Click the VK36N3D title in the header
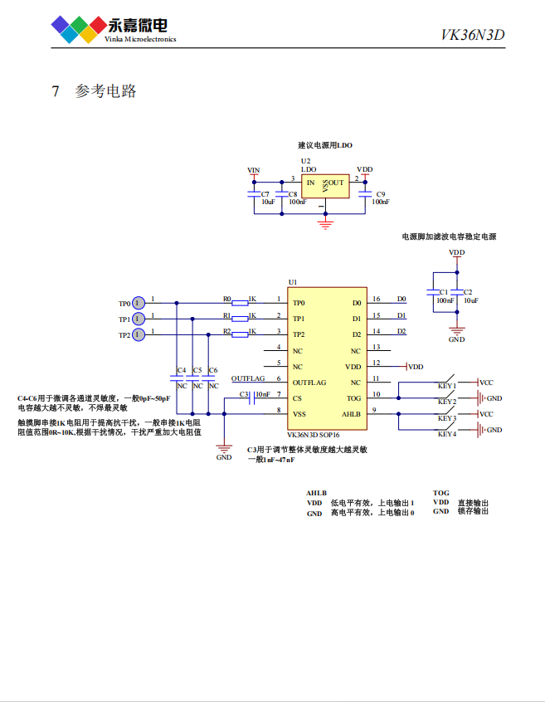[x=472, y=35]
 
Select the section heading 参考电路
[x=105, y=91]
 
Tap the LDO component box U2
[x=324, y=186]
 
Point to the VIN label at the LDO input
[x=254, y=170]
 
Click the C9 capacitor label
[x=380, y=193]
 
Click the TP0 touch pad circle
[x=139, y=303]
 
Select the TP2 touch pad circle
[x=139, y=334]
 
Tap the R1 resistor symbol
[x=240, y=319]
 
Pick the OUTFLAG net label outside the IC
[x=248, y=378]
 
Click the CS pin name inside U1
[x=297, y=398]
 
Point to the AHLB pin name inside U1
[x=352, y=414]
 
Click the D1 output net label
[x=401, y=316]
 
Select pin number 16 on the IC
[x=377, y=300]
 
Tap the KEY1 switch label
[x=446, y=386]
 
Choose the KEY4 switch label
[x=446, y=434]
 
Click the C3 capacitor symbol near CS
[x=251, y=398]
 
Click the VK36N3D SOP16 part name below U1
[x=314, y=434]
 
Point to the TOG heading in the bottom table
[x=440, y=493]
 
